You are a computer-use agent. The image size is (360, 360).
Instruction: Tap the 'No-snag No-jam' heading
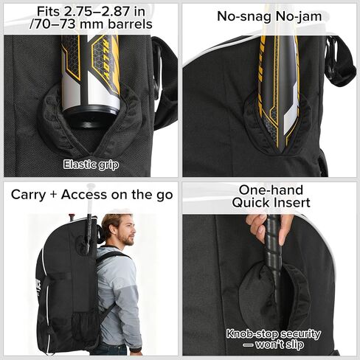269,16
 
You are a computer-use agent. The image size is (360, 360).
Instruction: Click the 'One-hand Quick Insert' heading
269,195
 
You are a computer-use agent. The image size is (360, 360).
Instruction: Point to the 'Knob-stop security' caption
274,333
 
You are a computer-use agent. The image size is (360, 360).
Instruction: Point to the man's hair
114,221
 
